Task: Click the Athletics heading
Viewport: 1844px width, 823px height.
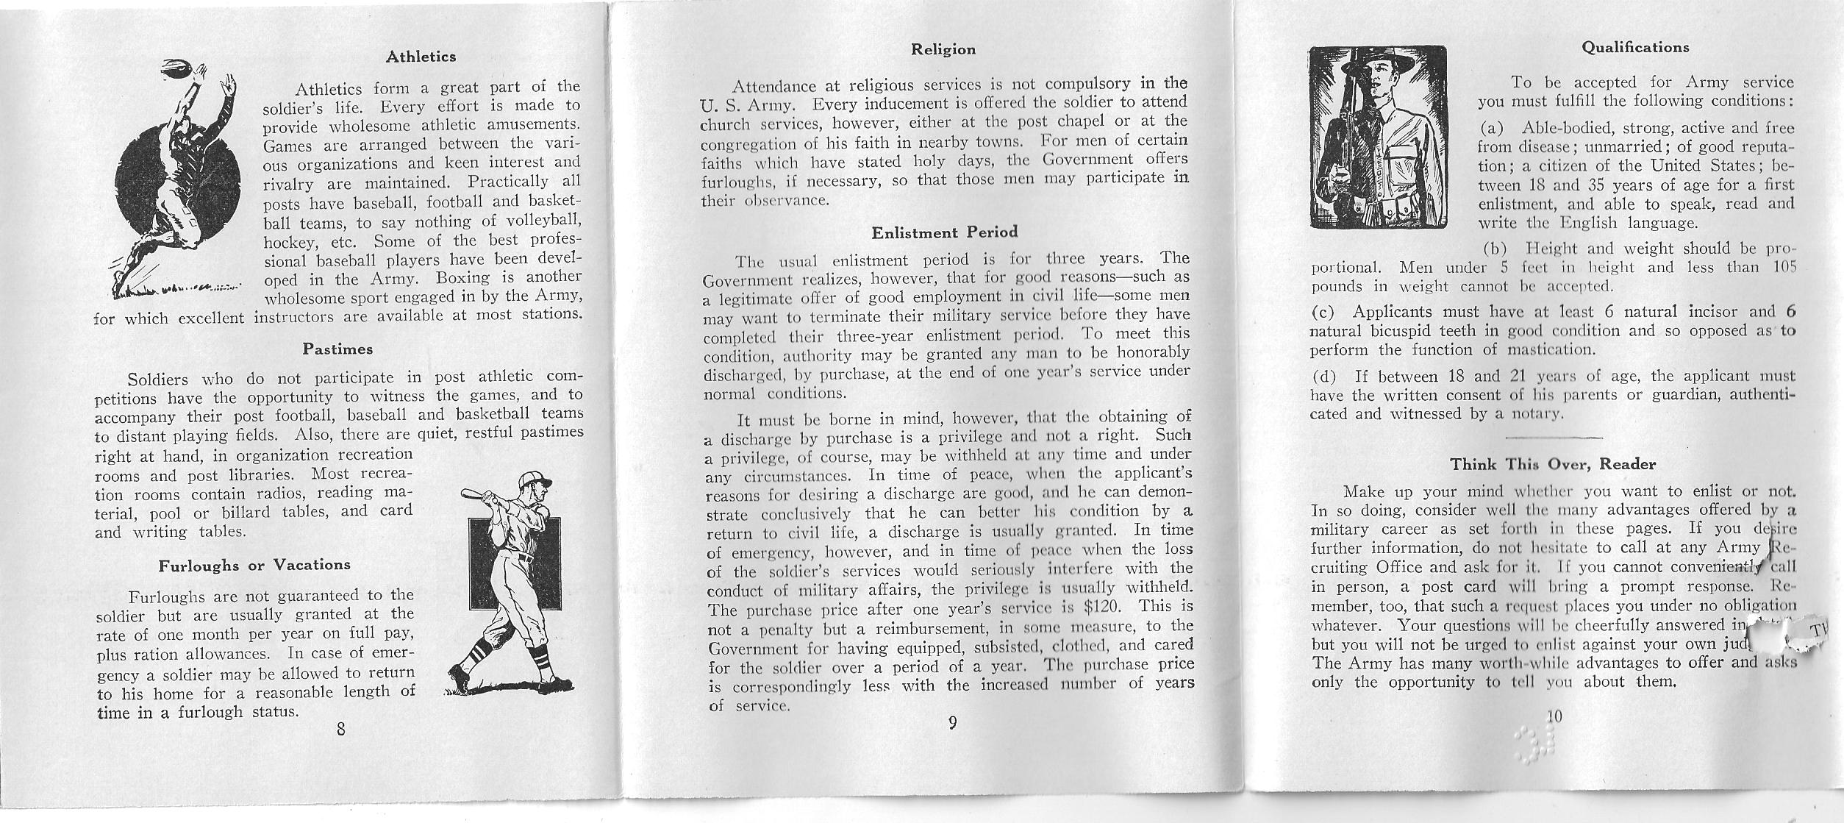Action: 421,57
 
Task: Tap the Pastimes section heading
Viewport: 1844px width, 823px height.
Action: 337,349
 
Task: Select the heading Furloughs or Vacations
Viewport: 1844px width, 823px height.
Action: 254,565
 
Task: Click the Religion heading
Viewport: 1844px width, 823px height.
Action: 943,49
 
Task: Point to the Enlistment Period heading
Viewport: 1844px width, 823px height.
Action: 944,232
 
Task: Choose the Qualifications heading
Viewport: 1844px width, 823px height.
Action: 1635,47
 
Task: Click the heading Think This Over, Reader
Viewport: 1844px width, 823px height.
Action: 1553,464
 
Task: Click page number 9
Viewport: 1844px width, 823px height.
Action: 952,722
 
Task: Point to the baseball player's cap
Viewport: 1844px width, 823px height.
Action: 533,482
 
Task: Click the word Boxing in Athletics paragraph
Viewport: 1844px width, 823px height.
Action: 462,279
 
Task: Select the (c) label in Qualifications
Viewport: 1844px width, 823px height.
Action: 1324,311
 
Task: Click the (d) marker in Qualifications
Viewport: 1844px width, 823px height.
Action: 1324,377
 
